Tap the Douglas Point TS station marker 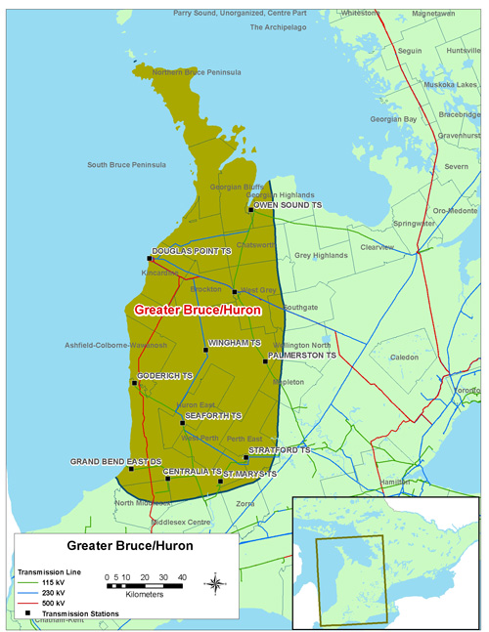tap(150, 259)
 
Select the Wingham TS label tap(236, 344)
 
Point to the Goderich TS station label tap(165, 376)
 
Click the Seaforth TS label tap(212, 416)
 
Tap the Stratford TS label tap(279, 450)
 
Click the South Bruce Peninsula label tap(126, 165)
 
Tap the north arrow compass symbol tap(215, 584)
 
